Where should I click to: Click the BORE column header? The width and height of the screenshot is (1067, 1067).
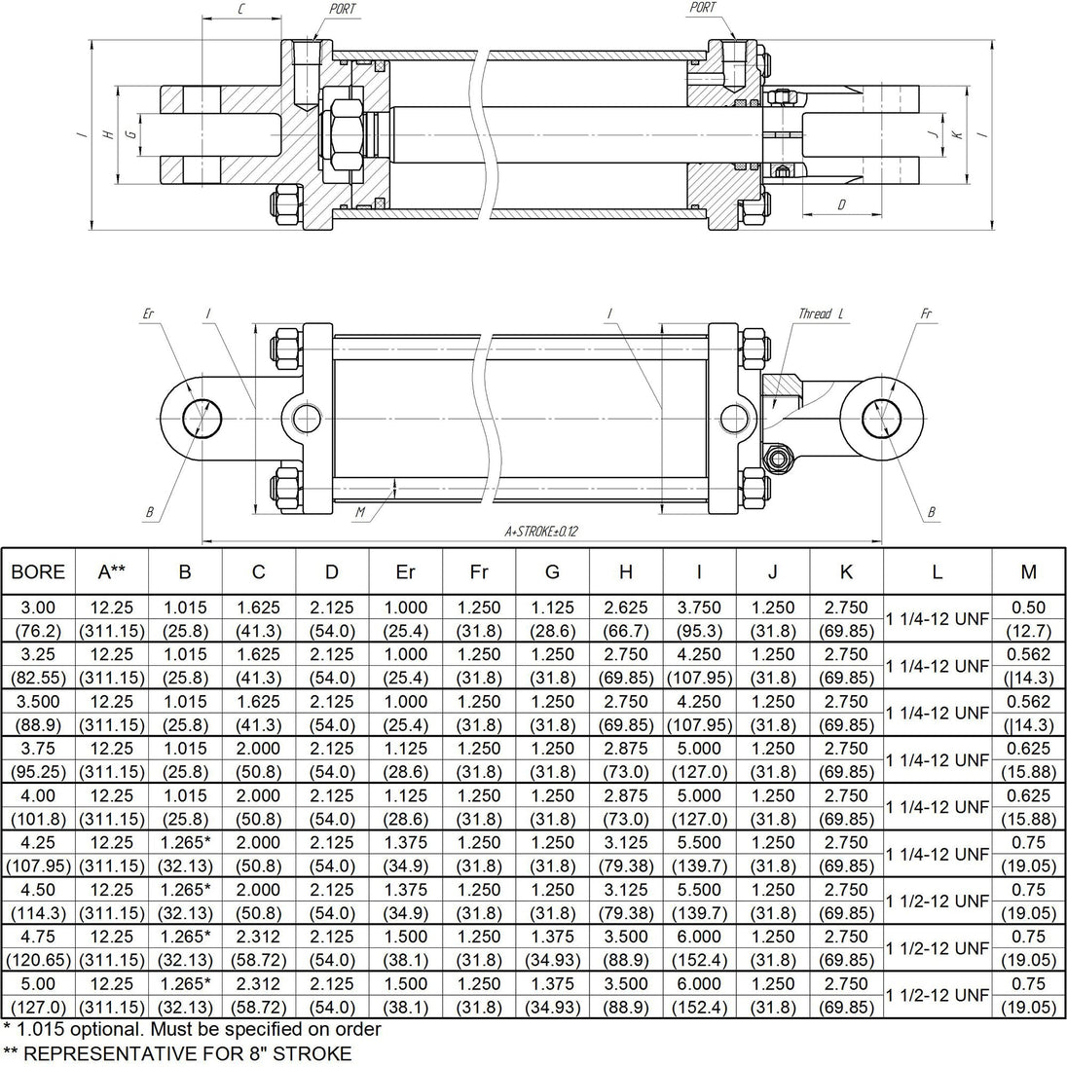[x=38, y=571]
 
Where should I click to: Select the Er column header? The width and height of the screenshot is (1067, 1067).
[x=405, y=571]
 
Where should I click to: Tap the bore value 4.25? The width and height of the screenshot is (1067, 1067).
[x=38, y=842]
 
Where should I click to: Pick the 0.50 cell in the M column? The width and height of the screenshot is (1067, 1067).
[x=1028, y=607]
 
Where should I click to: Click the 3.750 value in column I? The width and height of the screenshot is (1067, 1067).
[x=699, y=607]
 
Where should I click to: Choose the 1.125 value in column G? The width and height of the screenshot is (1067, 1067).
[x=552, y=607]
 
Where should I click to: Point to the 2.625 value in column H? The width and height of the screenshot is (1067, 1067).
[x=625, y=607]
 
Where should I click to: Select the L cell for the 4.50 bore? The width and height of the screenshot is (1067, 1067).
[x=937, y=901]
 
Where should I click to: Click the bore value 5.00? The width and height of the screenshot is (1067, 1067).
[x=38, y=983]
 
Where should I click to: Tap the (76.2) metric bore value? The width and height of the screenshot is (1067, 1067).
[x=38, y=631]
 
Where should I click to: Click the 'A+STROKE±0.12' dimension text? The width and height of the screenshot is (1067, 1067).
[x=541, y=532]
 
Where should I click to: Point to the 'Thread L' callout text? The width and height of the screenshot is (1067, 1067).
[x=821, y=313]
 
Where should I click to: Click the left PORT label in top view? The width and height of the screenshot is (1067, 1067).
[x=343, y=9]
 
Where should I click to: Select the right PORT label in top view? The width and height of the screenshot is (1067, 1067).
[x=703, y=8]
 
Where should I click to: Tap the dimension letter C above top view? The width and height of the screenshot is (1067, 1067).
[x=241, y=10]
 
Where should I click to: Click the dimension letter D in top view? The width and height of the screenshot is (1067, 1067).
[x=842, y=204]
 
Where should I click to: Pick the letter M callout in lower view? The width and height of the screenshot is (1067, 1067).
[x=360, y=512]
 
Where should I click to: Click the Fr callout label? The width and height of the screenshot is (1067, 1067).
[x=926, y=313]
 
